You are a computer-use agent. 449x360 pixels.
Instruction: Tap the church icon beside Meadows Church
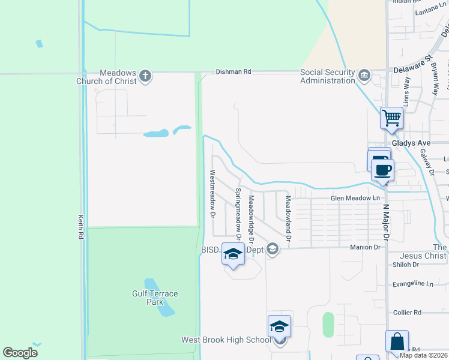145,76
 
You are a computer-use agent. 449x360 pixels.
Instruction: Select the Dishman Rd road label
233,71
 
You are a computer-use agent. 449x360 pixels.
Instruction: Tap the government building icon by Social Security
364,76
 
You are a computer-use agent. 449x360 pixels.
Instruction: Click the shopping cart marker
391,117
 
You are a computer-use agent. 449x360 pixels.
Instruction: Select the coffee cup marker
382,169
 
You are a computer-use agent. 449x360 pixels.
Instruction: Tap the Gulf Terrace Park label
155,298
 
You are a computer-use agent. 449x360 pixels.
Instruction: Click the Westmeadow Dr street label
212,193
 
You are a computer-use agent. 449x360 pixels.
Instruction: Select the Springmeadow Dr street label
238,214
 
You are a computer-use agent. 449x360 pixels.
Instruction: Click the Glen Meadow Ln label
355,198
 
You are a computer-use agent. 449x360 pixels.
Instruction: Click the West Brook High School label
226,340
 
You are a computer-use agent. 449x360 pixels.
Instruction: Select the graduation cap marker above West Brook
279,326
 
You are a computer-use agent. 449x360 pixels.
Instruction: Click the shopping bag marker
397,341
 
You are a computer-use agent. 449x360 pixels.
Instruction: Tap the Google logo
20,353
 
